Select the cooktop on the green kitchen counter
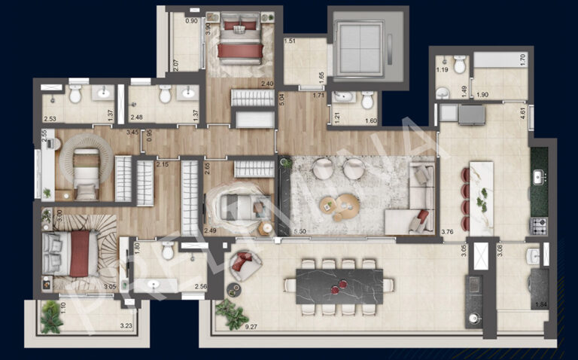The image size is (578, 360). pyautogui.click(x=539, y=224)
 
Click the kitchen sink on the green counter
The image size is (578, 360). pyautogui.click(x=540, y=178)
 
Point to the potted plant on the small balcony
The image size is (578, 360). pyautogui.click(x=51, y=316)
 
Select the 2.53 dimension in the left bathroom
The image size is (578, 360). pyautogui.click(x=50, y=118)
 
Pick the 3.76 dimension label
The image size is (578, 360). pyautogui.click(x=448, y=232)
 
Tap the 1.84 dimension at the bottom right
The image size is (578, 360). pyautogui.click(x=540, y=304)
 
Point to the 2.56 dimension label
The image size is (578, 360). pyautogui.click(x=200, y=287)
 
